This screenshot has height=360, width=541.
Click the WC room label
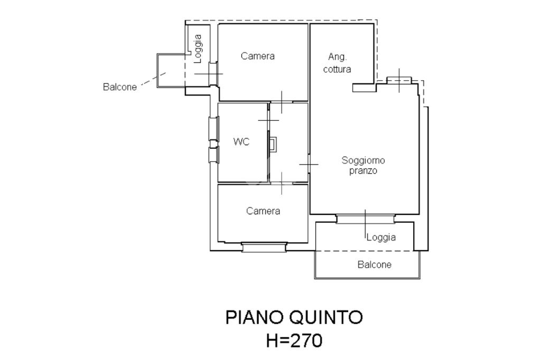(x=241, y=142)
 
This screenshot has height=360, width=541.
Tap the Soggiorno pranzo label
(x=363, y=165)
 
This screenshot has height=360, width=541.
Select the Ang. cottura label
(x=339, y=63)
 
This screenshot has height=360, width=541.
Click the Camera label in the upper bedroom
(x=258, y=56)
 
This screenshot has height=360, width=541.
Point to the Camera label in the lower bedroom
(x=263, y=211)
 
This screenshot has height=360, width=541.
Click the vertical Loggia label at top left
(x=198, y=49)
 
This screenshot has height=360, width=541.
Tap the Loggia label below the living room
(x=381, y=237)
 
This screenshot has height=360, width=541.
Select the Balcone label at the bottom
(x=375, y=264)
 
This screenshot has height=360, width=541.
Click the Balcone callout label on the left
(x=119, y=87)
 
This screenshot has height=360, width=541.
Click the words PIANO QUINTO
(x=294, y=317)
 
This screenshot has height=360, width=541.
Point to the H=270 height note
(x=294, y=340)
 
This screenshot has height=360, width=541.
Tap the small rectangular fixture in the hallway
(x=272, y=144)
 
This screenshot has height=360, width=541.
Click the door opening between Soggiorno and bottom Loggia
(x=365, y=218)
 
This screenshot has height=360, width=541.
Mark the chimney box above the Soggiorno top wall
(x=399, y=80)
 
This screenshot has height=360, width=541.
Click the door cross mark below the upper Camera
(x=282, y=101)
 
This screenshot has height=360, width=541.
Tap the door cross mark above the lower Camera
(x=282, y=183)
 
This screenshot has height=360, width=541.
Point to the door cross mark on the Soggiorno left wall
(x=309, y=164)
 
